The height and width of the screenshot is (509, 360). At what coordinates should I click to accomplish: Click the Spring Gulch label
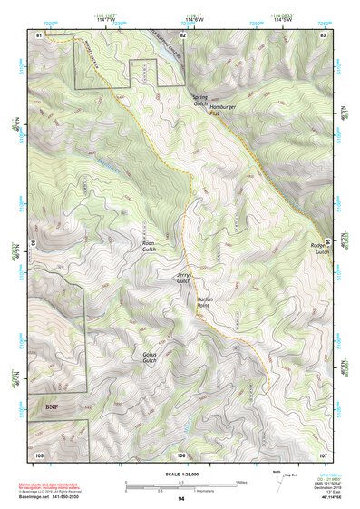200,99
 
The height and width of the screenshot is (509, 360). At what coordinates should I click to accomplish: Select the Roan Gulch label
149,246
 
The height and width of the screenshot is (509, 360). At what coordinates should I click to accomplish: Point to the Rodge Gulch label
321,249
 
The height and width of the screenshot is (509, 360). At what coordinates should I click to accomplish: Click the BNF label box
51,407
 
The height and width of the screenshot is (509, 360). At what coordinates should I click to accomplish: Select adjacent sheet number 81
39,34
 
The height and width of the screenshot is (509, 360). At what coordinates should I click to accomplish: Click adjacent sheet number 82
182,34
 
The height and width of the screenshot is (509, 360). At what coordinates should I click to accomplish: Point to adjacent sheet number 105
39,454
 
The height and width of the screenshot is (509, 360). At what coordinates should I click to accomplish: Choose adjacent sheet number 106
182,454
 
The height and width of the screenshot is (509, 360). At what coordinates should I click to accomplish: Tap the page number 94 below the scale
181,499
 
